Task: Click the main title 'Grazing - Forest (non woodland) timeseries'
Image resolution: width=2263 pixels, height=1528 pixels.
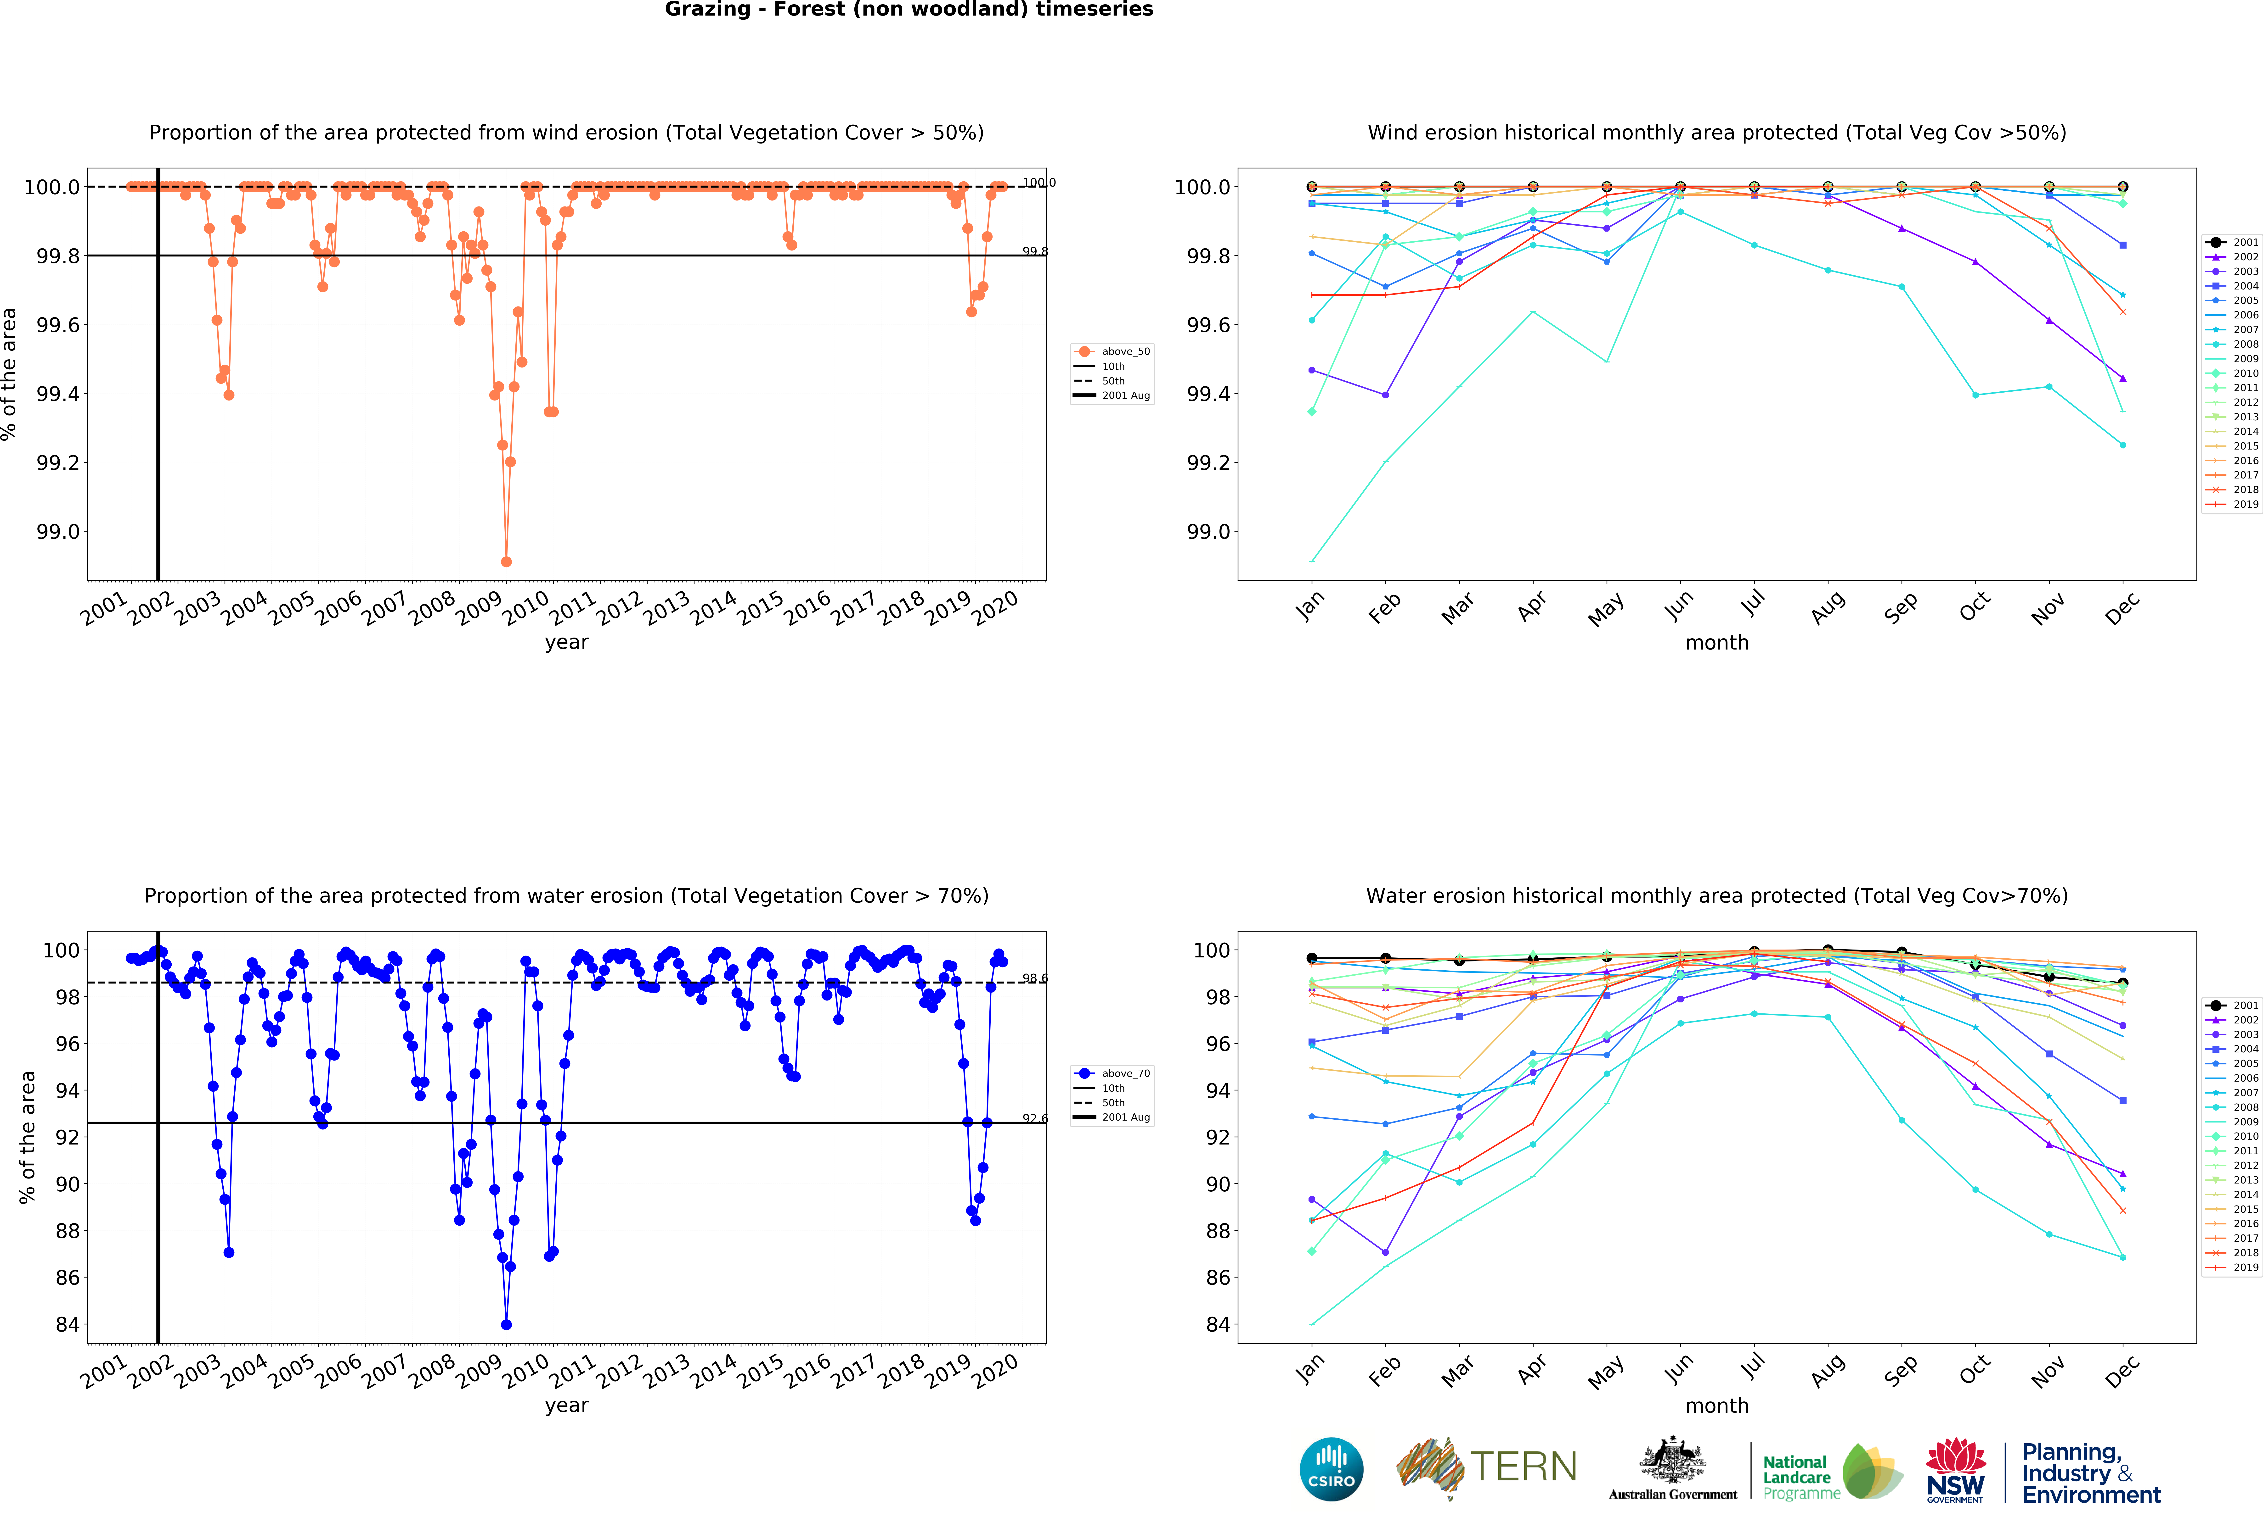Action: [909, 10]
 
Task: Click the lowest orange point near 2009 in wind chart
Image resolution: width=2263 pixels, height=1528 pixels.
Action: [505, 561]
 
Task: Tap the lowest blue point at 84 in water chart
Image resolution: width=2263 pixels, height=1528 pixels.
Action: [505, 1325]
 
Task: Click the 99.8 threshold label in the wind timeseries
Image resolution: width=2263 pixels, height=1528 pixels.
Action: [1034, 251]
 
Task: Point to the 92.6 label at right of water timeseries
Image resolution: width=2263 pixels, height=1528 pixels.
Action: [1034, 1118]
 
